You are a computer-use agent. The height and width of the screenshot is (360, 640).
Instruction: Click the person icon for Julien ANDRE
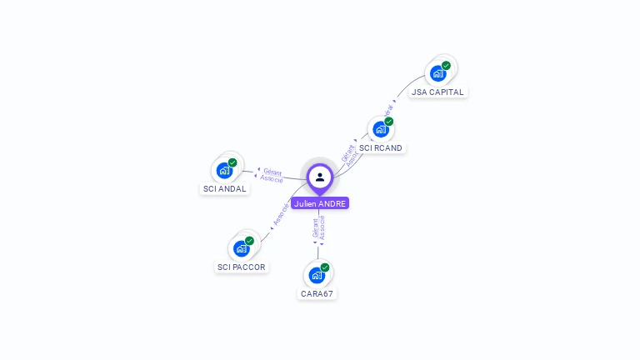320,177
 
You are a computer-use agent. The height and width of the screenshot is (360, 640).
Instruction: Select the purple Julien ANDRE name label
320,203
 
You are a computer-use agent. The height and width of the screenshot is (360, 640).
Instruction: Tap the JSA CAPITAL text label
437,92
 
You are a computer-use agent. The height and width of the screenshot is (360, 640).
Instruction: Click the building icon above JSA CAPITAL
437,73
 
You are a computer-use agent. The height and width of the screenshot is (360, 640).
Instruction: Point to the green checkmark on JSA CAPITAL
446,65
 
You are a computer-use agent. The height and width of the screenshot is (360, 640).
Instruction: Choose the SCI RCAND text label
381,148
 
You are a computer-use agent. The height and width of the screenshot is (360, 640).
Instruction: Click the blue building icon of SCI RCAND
380,129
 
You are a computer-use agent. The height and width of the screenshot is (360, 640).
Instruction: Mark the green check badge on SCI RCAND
388,122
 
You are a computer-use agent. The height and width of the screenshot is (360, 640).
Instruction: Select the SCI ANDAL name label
225,189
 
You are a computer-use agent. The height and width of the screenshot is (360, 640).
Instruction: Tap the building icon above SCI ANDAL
224,171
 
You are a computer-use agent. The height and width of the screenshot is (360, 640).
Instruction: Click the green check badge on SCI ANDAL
232,162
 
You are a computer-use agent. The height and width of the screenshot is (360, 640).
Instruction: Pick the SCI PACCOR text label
241,267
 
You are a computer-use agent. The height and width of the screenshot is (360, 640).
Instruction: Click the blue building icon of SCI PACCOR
241,248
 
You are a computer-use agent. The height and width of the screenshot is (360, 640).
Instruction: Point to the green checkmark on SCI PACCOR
249,241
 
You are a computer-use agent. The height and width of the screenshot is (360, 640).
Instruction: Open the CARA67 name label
317,294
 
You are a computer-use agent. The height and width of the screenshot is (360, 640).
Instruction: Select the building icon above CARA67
317,275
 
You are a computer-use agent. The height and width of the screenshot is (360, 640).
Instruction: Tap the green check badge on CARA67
325,267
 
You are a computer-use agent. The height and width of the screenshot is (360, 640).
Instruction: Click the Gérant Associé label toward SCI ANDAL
272,176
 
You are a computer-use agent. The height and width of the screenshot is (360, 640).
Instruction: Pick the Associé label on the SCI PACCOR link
281,214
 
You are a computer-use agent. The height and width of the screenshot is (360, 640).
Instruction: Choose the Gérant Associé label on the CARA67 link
318,228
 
